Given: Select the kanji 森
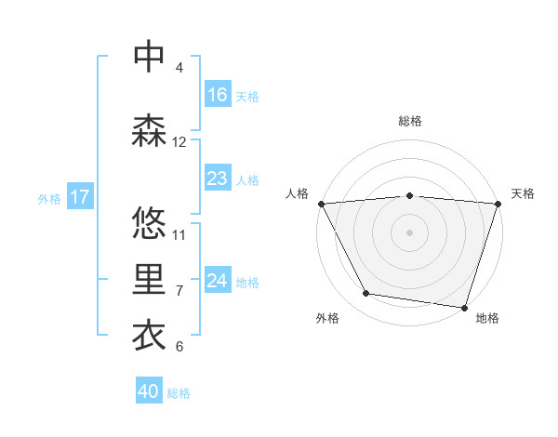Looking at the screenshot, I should [x=150, y=131].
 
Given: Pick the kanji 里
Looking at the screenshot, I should [x=150, y=280].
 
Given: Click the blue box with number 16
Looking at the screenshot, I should [x=218, y=95].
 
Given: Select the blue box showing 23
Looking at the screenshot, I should [x=218, y=179].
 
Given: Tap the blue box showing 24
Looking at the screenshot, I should [x=218, y=281].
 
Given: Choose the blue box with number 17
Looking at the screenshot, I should [x=80, y=197].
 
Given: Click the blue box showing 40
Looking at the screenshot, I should [x=149, y=391].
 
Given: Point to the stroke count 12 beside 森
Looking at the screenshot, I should [x=179, y=142].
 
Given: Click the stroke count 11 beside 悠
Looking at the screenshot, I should [x=179, y=234].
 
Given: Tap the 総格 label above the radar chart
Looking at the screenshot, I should [x=410, y=121].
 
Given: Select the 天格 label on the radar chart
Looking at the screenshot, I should [x=523, y=193].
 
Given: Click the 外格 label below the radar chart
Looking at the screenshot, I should [x=327, y=319].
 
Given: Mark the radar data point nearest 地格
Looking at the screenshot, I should [x=464, y=307].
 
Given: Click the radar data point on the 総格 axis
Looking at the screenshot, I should [x=410, y=195].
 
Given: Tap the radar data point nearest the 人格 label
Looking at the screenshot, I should [x=321, y=204].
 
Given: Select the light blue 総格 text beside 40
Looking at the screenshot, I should [x=179, y=392].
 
